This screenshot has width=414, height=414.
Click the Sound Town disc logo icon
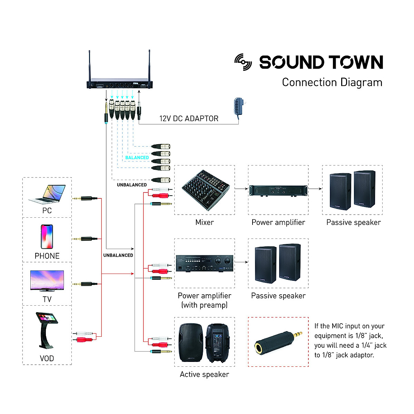243,62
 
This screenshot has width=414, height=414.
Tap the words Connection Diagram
332,82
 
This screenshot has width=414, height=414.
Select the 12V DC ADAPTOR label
189,119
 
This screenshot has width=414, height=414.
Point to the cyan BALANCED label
137,158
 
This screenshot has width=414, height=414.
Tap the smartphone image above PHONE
47,237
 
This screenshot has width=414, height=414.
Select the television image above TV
47,281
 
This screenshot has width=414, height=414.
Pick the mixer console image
205,190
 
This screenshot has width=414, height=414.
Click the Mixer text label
205,223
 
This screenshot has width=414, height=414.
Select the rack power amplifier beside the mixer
278,190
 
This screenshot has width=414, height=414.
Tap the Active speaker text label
204,375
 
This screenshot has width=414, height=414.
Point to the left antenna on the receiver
89,66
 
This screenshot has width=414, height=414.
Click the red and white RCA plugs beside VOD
84,337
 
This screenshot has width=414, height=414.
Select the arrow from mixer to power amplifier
241,189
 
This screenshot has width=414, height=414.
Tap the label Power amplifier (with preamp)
204,300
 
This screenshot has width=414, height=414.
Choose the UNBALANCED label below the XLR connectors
132,185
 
